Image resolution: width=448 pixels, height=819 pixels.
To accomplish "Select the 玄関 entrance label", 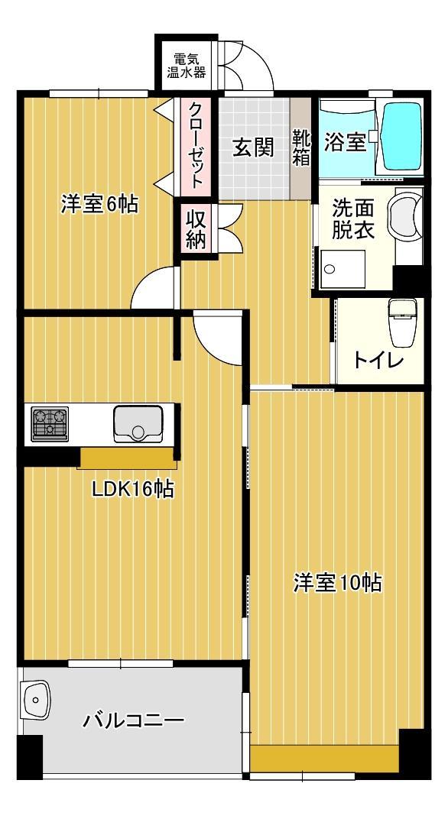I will pyautogui.click(x=252, y=147).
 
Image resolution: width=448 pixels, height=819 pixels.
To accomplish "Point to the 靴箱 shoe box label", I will pyautogui.click(x=300, y=147).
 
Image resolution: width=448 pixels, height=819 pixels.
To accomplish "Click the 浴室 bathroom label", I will pyautogui.click(x=345, y=141).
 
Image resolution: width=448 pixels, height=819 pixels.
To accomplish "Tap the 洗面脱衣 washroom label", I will pyautogui.click(x=352, y=219).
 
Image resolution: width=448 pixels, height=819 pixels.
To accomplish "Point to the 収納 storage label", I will pyautogui.click(x=196, y=228).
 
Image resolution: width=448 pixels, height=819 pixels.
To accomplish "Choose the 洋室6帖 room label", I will pyautogui.click(x=99, y=204).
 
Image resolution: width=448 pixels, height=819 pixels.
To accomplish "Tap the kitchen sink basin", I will pyautogui.click(x=138, y=424).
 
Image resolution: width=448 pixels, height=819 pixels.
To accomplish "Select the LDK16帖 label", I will pyautogui.click(x=132, y=488).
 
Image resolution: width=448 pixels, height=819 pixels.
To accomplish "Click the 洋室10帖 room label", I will pyautogui.click(x=337, y=582).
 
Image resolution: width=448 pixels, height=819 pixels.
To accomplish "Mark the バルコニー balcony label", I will pyautogui.click(x=134, y=720).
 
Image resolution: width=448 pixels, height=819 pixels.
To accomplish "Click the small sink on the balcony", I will pyautogui.click(x=35, y=699).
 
